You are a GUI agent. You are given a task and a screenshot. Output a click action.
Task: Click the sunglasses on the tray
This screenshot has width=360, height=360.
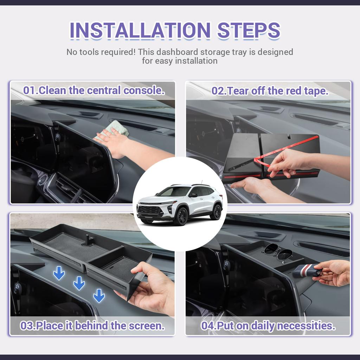(278, 252)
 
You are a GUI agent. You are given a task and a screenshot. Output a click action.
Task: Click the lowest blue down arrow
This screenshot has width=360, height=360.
(99, 296)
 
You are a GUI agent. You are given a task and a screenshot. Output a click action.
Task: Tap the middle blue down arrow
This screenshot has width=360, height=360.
(79, 283)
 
